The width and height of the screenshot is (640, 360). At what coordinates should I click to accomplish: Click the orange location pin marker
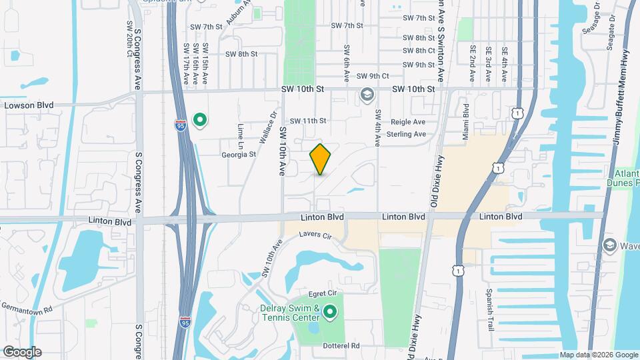[x=321, y=159]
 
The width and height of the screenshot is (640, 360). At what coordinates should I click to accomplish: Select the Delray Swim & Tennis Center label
[x=301, y=313]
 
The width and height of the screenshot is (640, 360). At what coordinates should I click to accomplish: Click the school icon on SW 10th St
[x=366, y=95]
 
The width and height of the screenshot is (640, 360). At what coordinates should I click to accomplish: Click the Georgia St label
[x=239, y=155]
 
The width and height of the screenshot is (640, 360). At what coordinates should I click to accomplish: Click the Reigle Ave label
[x=407, y=122]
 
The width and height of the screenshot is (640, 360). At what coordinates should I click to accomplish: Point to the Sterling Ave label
[x=406, y=134]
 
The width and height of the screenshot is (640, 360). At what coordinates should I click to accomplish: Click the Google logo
[x=21, y=351]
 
